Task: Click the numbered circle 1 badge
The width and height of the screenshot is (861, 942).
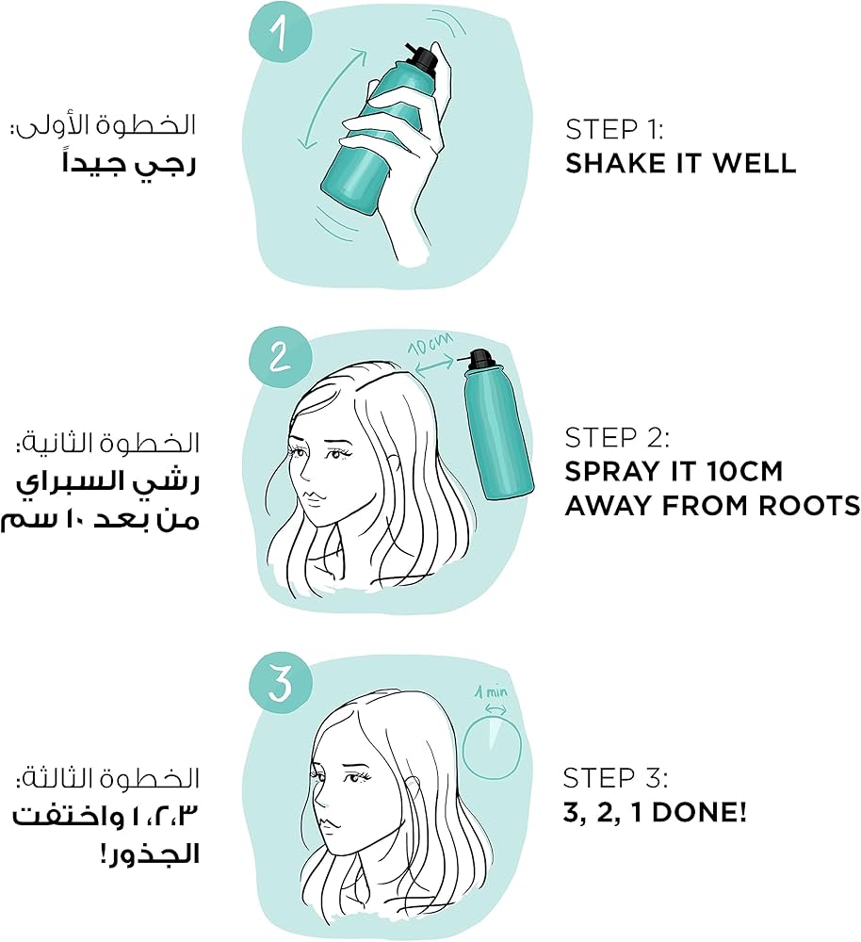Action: [280, 31]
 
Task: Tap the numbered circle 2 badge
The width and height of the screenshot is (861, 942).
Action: [280, 357]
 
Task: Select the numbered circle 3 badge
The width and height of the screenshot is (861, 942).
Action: [280, 684]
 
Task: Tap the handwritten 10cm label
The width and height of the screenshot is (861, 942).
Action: [430, 346]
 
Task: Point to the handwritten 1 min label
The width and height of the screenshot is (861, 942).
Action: [492, 692]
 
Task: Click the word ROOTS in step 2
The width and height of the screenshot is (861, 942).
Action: [809, 506]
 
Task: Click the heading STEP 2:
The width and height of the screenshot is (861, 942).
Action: [617, 437]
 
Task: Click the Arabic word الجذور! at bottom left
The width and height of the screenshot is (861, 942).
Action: [149, 853]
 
